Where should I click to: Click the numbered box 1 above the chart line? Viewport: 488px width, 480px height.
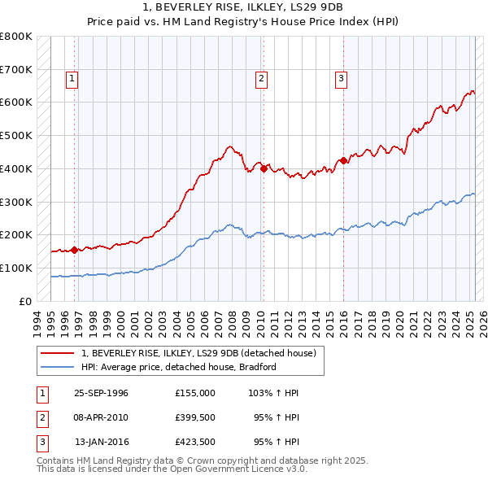pyautogui.click(x=72, y=79)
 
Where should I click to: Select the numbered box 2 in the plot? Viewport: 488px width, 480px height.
pyautogui.click(x=261, y=79)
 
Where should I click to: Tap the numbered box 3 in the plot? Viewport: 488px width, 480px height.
pyautogui.click(x=341, y=79)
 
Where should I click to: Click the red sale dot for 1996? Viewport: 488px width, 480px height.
pyautogui.click(x=75, y=250)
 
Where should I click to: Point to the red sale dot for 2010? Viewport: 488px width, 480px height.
pyautogui.click(x=264, y=168)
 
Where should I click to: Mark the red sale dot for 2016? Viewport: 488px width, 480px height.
pyautogui.click(x=344, y=160)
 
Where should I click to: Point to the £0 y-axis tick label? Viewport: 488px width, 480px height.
pyautogui.click(x=26, y=301)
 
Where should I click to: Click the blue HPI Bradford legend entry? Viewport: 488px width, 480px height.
pyautogui.click(x=179, y=367)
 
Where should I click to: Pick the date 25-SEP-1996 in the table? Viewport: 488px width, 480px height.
pyautogui.click(x=101, y=393)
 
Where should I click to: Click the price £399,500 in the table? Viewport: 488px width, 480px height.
pyautogui.click(x=195, y=418)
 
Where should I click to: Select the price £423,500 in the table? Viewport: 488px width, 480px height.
pyautogui.click(x=195, y=443)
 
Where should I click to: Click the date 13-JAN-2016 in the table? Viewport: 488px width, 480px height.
pyautogui.click(x=101, y=443)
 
